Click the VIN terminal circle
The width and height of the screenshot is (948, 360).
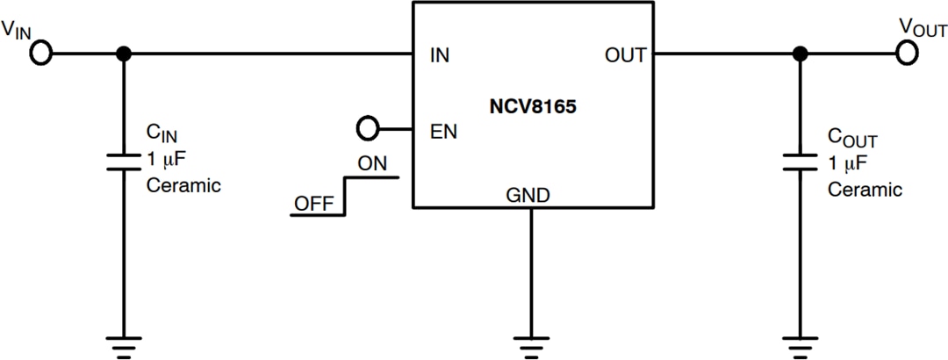[40, 54]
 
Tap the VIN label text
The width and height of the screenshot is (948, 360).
[18, 30]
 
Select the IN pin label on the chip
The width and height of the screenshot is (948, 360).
[440, 55]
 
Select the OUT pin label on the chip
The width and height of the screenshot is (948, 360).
[625, 55]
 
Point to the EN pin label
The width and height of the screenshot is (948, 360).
[442, 132]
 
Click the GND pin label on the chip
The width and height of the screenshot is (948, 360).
[528, 195]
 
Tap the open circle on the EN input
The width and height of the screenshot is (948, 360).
[368, 130]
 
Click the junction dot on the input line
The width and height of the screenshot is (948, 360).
[124, 54]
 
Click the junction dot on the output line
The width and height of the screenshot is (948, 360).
[800, 54]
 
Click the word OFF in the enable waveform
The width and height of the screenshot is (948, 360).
[313, 203]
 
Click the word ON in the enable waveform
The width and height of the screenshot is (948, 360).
[373, 163]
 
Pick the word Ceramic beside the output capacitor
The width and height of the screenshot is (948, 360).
[865, 189]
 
